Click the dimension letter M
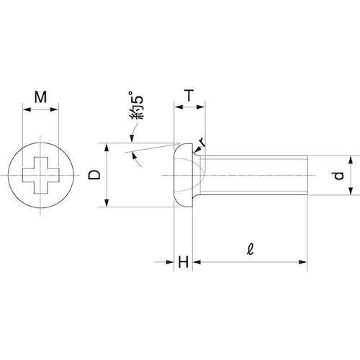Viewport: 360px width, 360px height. click(x=40, y=97)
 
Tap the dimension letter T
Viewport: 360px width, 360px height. click(x=189, y=95)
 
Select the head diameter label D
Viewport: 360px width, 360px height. click(x=94, y=175)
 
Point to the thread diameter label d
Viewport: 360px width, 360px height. click(x=339, y=176)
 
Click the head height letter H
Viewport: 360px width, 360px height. click(x=184, y=262)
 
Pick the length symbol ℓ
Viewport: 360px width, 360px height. click(x=250, y=250)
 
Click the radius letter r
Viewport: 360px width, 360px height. click(x=203, y=143)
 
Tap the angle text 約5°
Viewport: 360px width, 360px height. click(x=136, y=105)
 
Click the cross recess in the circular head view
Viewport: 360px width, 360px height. click(x=40, y=175)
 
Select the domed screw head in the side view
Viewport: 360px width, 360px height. click(x=184, y=175)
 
